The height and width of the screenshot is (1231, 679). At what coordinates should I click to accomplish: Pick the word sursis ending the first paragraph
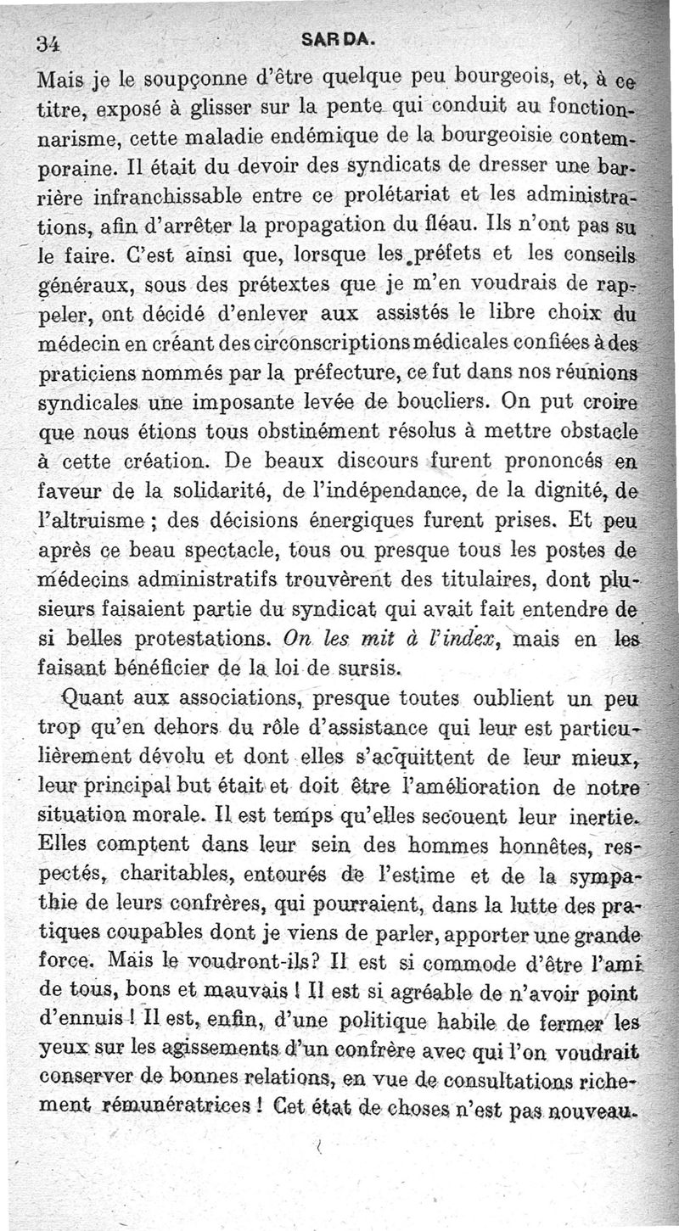tap(365, 667)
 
